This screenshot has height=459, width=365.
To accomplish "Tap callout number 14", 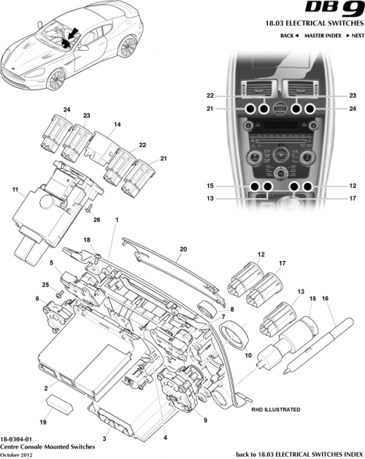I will tap(115, 125).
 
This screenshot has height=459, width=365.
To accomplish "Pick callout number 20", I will tap(183, 248).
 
